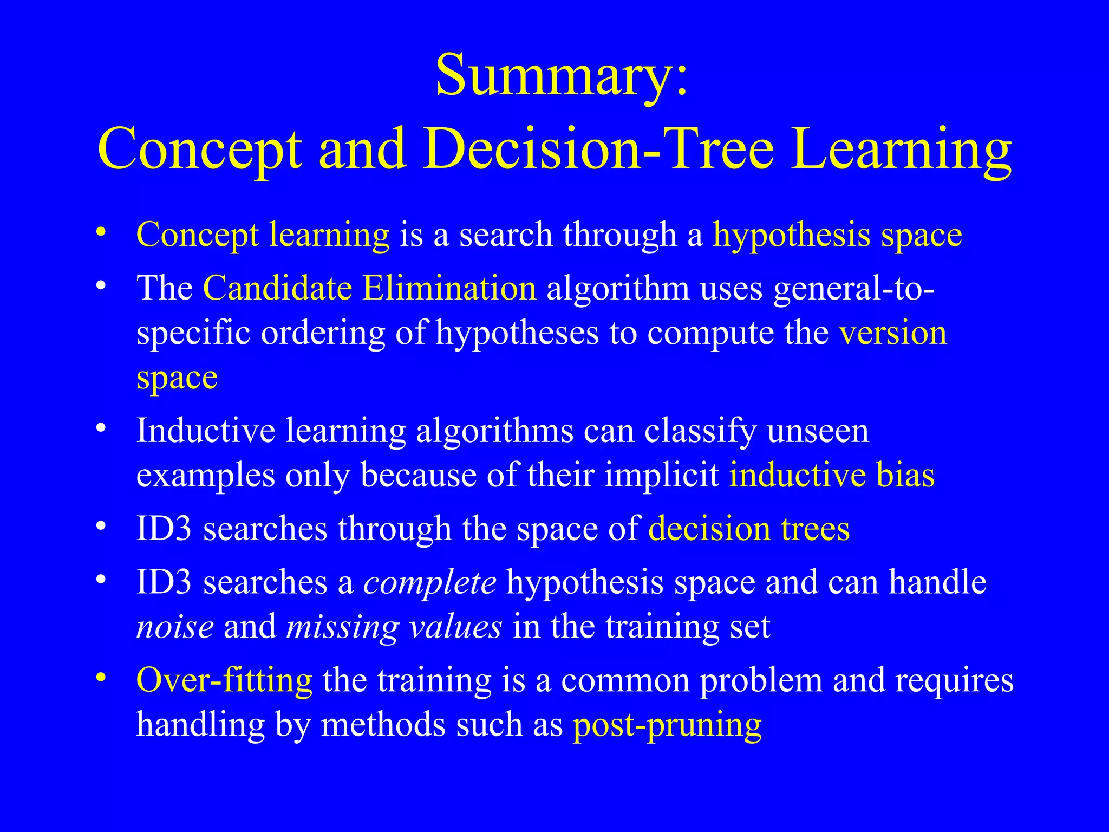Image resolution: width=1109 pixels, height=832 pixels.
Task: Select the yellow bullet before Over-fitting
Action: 100,678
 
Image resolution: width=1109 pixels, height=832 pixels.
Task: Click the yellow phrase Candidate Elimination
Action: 369,288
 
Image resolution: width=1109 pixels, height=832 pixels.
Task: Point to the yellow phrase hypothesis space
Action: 837,236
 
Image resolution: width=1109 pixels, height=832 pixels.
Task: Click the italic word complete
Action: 429,583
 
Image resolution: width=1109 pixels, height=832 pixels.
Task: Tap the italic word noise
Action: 175,627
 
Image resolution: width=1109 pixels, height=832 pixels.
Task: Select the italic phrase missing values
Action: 394,627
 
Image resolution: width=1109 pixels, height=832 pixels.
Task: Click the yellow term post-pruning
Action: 667,725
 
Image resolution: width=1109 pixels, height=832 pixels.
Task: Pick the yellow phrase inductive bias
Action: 832,476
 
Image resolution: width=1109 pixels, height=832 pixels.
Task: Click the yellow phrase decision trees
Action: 749,529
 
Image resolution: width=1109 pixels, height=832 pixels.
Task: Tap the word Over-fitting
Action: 224,680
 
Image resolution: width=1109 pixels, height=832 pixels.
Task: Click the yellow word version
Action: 893,333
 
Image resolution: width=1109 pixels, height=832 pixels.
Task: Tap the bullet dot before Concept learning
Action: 100,233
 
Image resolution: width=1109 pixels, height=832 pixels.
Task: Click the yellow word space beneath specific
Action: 177,378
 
